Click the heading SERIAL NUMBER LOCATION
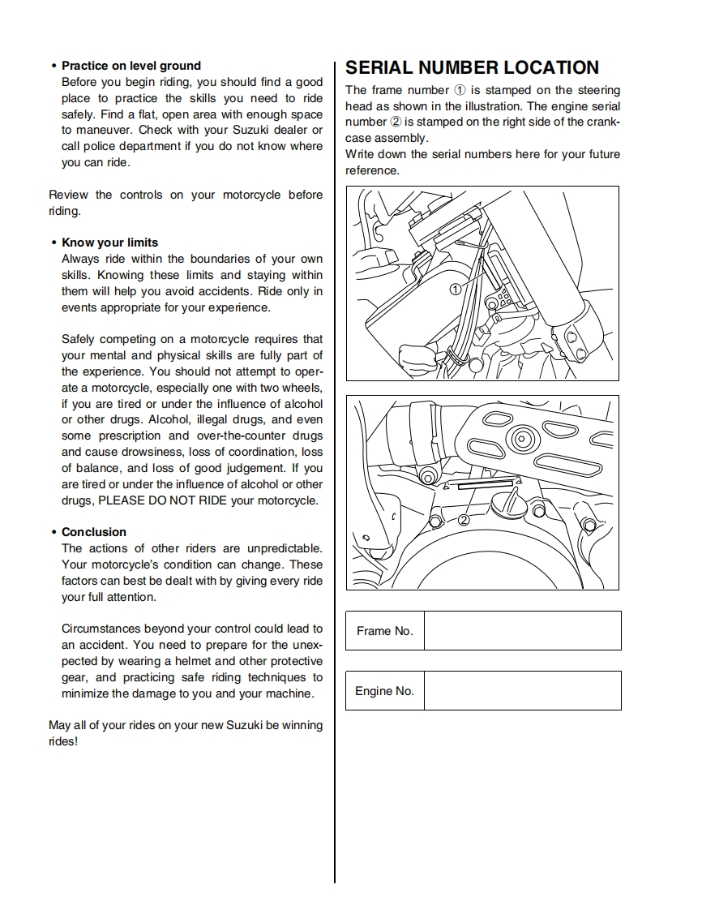point(472,68)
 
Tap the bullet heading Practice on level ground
point(131,66)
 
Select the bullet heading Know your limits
point(110,243)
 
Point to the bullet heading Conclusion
point(94,532)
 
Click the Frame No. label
point(384,631)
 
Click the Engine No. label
point(384,691)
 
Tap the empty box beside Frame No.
point(522,631)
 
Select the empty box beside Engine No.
point(522,691)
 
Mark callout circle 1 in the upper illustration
point(456,289)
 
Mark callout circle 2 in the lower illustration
point(464,520)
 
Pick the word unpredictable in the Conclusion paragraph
point(284,548)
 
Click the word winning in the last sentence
point(301,725)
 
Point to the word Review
point(68,195)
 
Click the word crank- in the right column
point(603,122)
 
